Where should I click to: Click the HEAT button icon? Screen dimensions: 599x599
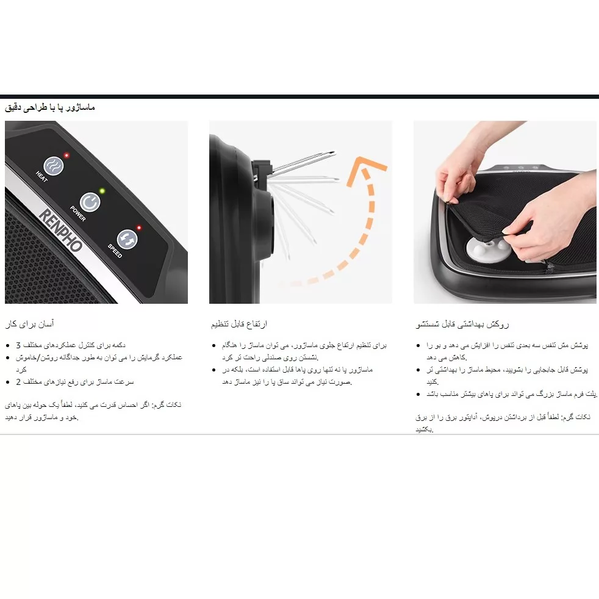pos(54,165)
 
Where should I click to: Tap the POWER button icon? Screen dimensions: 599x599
pos(89,202)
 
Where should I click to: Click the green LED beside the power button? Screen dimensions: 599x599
pos(102,191)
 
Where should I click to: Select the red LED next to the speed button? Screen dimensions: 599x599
pos(139,228)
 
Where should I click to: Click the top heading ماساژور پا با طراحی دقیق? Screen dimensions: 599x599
pos(50,108)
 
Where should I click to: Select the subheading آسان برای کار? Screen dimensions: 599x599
pos(34,323)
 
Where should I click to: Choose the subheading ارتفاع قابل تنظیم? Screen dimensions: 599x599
pos(239,323)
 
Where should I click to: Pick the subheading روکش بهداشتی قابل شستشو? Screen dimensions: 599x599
pos(463,324)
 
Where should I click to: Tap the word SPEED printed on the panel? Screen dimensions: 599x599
pos(115,251)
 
